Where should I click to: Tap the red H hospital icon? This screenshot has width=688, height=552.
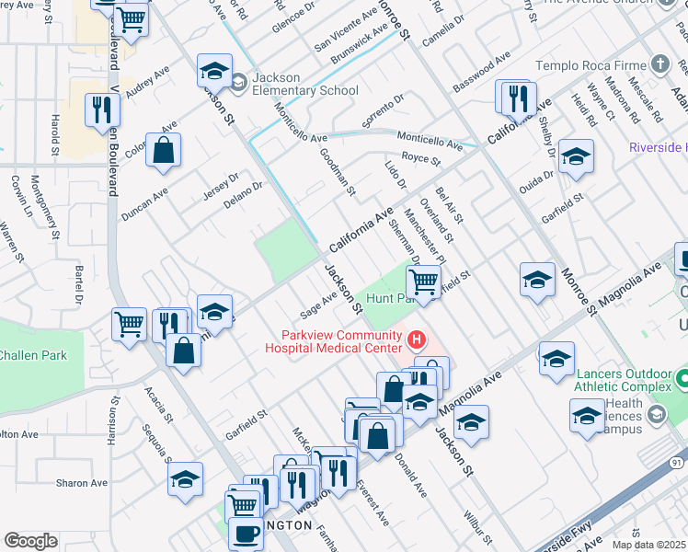point(417,341)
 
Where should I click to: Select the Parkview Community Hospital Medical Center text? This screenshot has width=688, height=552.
point(333,341)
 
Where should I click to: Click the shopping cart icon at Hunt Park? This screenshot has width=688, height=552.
point(423,281)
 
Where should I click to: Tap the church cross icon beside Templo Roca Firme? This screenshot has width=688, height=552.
point(659,64)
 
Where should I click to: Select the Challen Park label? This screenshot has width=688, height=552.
point(31,355)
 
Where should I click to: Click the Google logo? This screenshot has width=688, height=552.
point(30,540)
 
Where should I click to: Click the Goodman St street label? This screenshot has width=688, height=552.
point(337,173)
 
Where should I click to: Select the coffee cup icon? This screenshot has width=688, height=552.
point(246,534)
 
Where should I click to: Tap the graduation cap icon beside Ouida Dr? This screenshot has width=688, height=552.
point(576,157)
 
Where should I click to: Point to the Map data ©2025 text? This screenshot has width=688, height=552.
point(648,545)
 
